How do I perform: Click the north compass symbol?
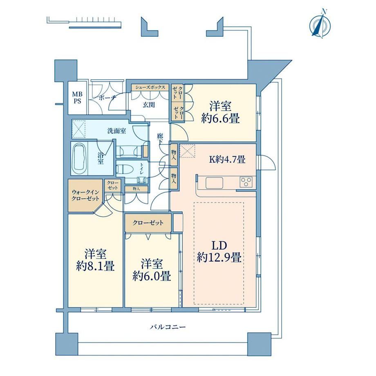point(320,25)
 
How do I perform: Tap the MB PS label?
point(77,98)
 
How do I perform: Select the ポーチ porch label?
point(107,98)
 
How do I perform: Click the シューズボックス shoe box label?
point(150,87)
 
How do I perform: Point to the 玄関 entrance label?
point(149,105)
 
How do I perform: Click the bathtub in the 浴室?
point(79,158)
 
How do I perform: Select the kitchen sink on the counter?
point(214,183)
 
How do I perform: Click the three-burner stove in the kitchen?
point(246,182)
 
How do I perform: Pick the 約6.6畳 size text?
point(220,118)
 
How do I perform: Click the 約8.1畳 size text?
point(95,266)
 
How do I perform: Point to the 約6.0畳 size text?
point(152,276)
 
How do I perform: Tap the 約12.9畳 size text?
point(219,257)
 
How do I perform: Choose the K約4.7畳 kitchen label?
point(227,159)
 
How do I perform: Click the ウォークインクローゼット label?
point(85,195)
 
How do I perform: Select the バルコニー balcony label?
point(168,327)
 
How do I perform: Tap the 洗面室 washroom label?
point(117,131)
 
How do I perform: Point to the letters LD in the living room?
point(219,245)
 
